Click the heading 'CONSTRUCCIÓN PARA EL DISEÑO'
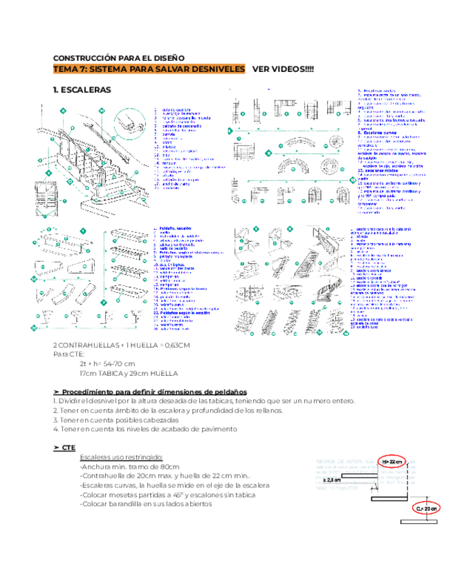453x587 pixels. click(x=118, y=58)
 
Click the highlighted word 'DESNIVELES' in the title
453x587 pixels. click(x=216, y=69)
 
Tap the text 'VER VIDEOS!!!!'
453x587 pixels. click(x=282, y=69)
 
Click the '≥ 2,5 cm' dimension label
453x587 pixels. click(x=331, y=479)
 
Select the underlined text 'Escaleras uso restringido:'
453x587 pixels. click(x=122, y=458)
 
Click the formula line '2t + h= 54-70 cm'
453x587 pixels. click(x=107, y=363)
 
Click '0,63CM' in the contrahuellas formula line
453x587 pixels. click(x=177, y=345)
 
